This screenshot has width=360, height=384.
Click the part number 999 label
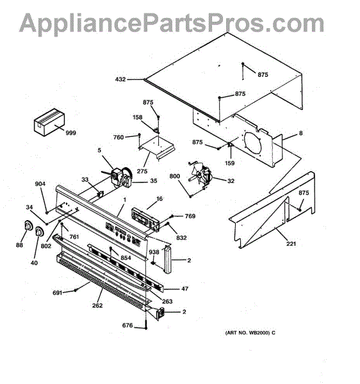[x=71, y=133]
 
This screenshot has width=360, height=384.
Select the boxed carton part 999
[x=49, y=122]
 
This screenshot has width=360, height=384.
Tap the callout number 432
[x=120, y=79]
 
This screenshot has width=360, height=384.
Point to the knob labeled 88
[x=28, y=225]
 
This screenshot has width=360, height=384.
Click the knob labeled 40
[x=38, y=232]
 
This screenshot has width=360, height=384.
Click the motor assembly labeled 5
[x=121, y=177]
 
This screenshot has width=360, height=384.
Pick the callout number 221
[x=291, y=244]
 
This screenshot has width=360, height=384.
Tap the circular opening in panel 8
[x=252, y=143]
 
